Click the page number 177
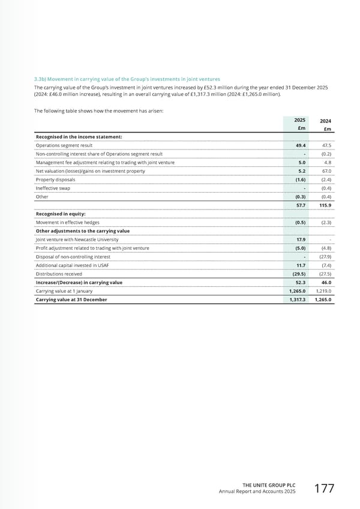point(324,489)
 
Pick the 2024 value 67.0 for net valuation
point(326,170)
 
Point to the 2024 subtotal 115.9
point(325,205)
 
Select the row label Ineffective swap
point(52,188)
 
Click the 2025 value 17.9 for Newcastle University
point(300,239)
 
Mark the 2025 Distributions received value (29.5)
point(299,274)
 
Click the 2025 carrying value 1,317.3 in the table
point(296,300)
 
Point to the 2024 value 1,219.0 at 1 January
point(322,291)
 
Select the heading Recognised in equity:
point(61,214)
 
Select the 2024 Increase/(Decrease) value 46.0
point(326,282)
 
